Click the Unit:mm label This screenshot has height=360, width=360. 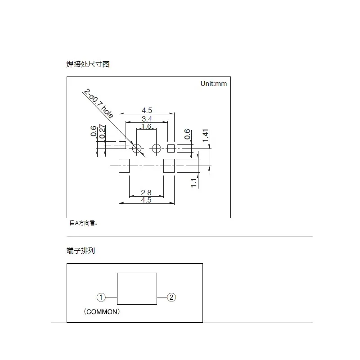214,84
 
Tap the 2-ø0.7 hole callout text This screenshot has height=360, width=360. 98,104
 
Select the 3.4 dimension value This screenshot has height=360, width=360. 146,119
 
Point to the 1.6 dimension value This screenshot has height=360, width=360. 146,126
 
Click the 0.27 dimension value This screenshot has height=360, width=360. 102,131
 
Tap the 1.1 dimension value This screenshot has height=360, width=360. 194,183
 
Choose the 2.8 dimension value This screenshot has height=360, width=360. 146,193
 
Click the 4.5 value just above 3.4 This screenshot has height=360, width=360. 147,110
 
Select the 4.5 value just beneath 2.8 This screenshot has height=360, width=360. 146,200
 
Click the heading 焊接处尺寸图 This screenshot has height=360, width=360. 88,64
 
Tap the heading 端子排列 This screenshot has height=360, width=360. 81,251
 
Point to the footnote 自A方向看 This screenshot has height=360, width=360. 83,223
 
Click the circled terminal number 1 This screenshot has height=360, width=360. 101,297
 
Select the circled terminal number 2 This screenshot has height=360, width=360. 171,297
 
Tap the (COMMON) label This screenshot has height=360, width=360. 101,311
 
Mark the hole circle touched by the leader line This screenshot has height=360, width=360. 137,148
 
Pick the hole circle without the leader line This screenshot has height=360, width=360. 156,148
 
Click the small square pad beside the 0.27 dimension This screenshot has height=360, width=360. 122,145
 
